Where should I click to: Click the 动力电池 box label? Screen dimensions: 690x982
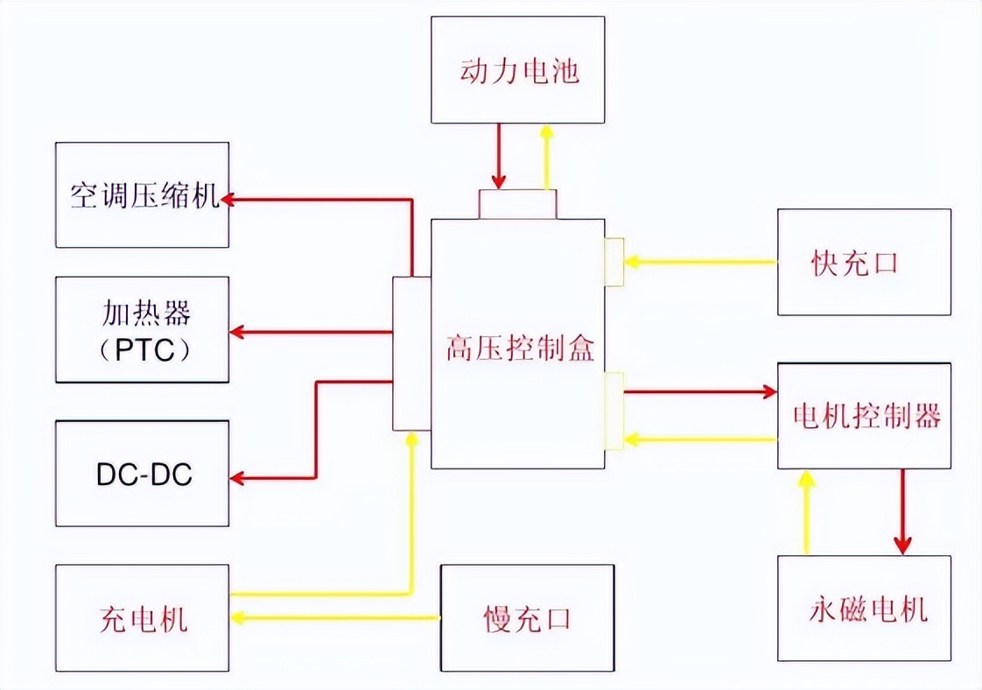518,71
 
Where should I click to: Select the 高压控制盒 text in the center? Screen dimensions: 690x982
519,349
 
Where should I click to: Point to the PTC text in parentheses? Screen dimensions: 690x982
142,350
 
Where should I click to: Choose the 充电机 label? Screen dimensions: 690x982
142,620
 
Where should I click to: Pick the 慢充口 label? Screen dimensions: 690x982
527,619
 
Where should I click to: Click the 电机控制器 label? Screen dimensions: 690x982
865,415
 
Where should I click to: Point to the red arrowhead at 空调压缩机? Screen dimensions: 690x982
231,200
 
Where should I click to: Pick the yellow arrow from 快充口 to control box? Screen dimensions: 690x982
700,261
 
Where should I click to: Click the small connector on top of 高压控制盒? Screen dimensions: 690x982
517,204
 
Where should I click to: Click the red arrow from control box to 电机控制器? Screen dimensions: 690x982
700,391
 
